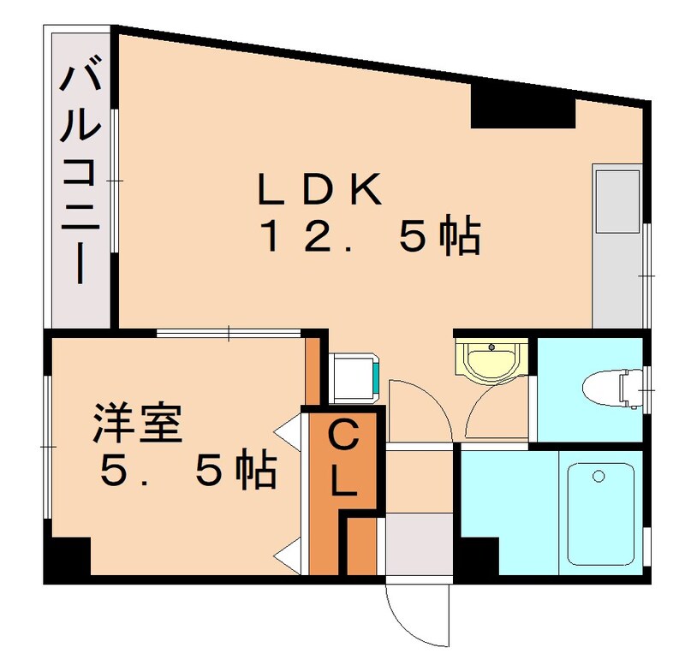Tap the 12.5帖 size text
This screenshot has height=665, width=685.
[x=368, y=237]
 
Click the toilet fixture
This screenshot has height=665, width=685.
[x=612, y=388]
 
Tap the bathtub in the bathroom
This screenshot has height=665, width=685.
[x=599, y=514]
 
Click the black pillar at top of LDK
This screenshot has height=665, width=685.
[x=522, y=110]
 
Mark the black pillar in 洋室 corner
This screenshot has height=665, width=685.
[x=68, y=558]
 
